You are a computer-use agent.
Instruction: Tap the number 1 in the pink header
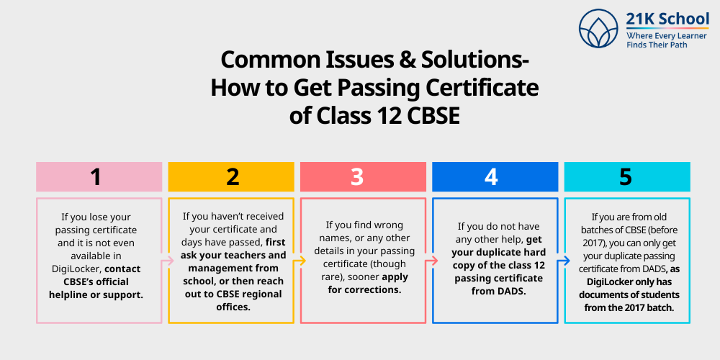click(96, 177)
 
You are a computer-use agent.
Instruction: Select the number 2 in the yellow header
click(232, 177)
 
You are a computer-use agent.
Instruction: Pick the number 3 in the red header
click(357, 177)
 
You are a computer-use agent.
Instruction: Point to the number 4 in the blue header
click(491, 177)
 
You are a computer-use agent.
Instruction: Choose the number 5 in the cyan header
click(626, 177)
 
